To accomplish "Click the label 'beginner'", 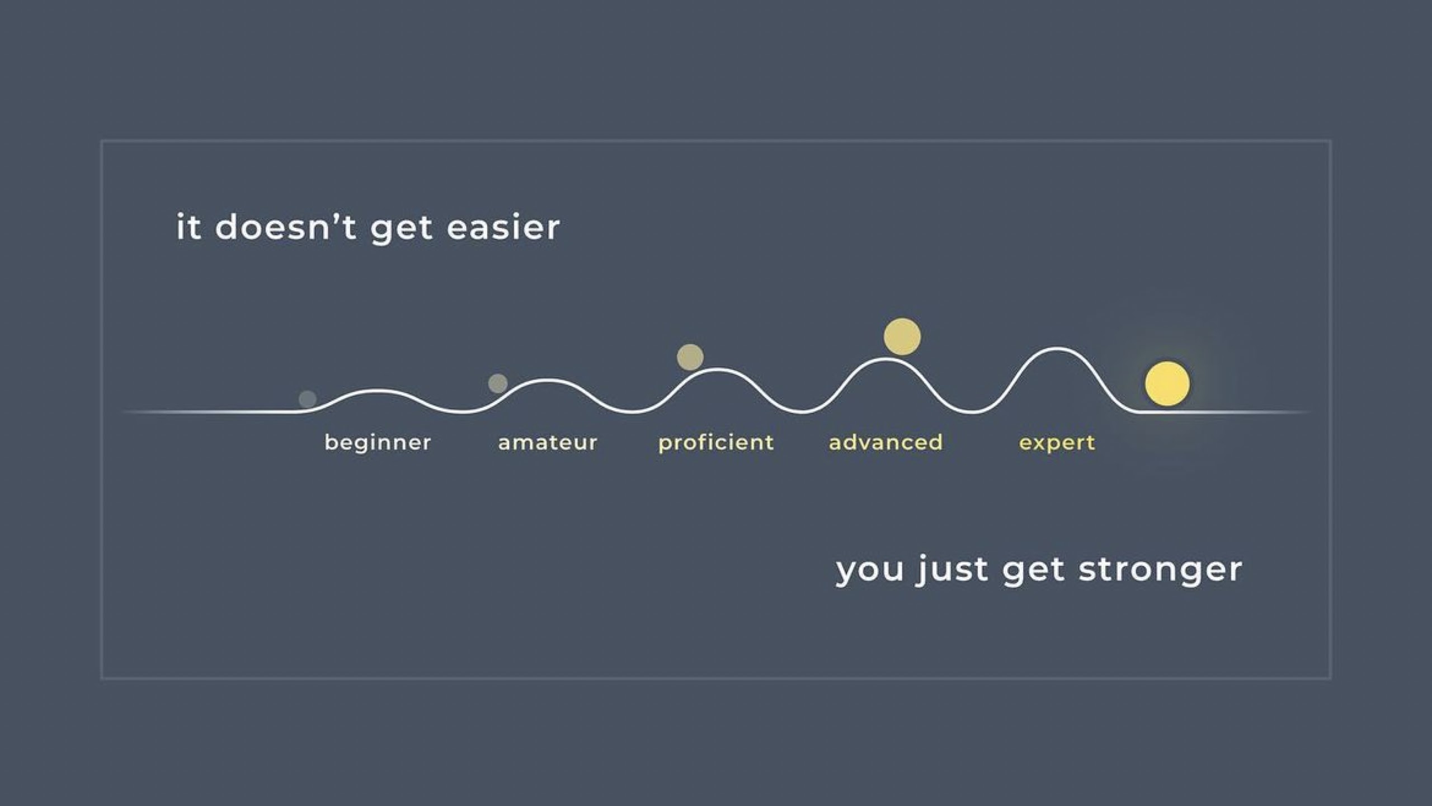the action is click(378, 443).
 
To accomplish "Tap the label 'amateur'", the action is click(548, 443).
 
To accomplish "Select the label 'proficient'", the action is click(716, 443).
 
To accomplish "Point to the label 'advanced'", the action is click(885, 442).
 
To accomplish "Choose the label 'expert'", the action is click(1057, 443).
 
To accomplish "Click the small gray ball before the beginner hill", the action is click(308, 399).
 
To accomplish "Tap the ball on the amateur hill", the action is click(498, 383).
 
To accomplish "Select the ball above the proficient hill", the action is click(690, 357).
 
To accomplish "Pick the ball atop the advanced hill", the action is click(902, 336).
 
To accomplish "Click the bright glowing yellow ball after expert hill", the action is click(1167, 383).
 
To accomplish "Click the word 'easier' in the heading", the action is click(503, 228).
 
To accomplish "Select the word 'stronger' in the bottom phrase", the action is click(1160, 570).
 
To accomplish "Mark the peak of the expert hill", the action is click(1057, 349).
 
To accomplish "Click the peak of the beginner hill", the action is click(378, 391).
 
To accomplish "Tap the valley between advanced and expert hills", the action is click(972, 412).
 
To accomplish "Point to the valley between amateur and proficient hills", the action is click(633, 412).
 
